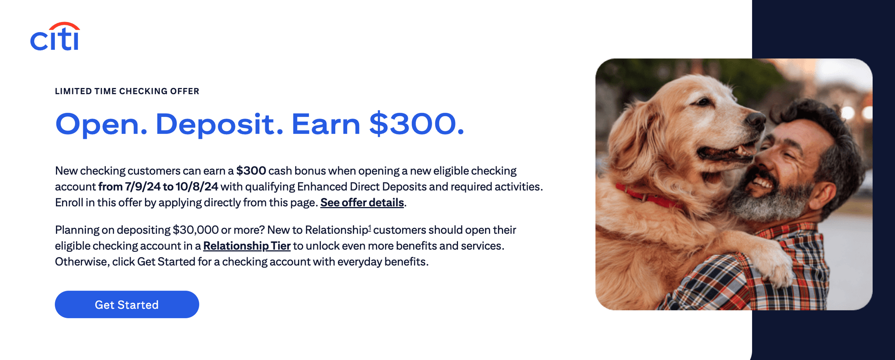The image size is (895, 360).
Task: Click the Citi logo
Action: (x=55, y=36)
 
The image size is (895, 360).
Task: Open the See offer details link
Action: (x=362, y=203)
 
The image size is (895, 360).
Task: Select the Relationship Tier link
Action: (x=247, y=246)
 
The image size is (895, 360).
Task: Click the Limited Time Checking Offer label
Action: (x=127, y=91)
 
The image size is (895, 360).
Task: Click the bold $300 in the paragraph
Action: (x=251, y=171)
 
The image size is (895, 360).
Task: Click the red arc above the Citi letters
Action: (x=64, y=26)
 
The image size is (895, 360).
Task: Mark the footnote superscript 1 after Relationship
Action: (x=370, y=228)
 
